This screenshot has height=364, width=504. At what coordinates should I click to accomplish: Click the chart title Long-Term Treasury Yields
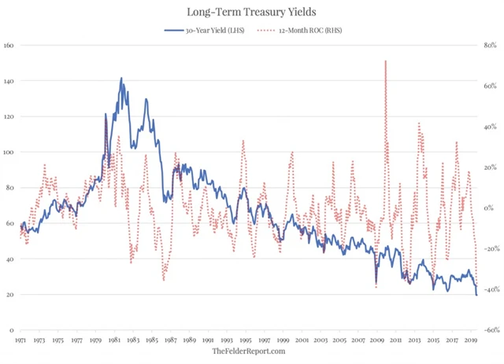click(x=252, y=12)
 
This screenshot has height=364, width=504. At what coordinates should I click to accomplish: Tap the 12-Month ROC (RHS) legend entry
click(x=303, y=31)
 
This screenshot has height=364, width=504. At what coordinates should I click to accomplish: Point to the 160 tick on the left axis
click(x=9, y=45)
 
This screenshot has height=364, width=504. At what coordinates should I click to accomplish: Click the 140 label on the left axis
click(x=9, y=81)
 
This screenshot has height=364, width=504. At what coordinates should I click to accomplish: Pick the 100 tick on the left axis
click(x=9, y=152)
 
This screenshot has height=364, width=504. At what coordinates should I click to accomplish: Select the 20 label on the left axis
click(x=11, y=295)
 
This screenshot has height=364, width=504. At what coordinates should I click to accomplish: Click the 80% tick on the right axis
click(x=492, y=45)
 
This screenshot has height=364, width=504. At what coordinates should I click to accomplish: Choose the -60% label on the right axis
click(x=491, y=330)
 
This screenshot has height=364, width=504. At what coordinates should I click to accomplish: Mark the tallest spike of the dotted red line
click(x=385, y=61)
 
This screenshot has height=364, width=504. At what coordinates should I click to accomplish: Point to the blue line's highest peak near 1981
click(x=121, y=79)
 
